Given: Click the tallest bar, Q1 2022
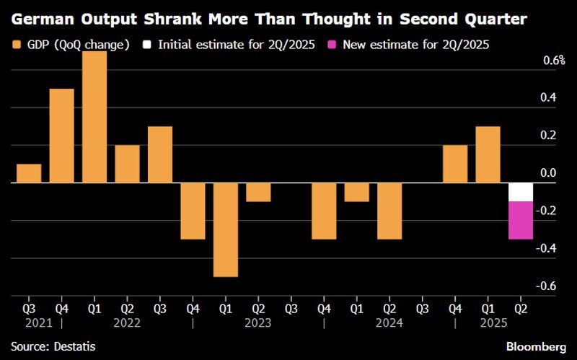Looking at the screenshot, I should click(94, 117).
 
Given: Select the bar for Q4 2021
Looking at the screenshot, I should click(61, 136).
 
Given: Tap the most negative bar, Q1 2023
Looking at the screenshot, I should click(225, 229).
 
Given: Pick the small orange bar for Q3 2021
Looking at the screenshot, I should click(29, 173).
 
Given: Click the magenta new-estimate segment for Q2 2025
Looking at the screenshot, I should click(520, 220).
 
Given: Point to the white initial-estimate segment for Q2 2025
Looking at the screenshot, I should click(520, 192).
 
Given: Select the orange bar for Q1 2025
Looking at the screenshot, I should click(488, 154).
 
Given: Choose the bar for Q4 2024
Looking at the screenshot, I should click(454, 164).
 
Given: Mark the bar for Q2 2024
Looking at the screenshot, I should click(389, 211).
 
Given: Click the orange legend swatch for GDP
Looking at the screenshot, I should click(17, 45).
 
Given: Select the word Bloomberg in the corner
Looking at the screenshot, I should click(534, 347).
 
